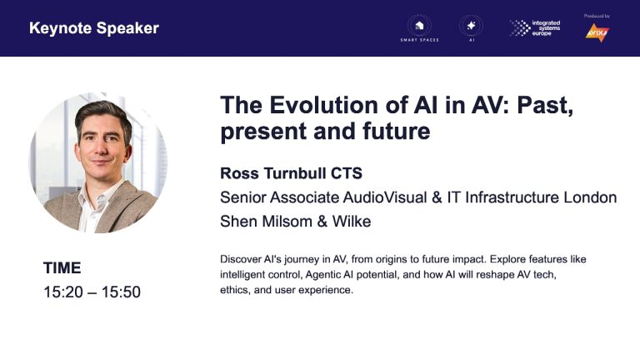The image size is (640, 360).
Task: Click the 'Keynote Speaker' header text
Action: point(94,28)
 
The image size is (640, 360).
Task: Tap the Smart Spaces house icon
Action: point(419,26)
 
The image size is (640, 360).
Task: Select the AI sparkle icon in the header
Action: point(471,26)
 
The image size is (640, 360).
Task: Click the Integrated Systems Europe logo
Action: point(535,28)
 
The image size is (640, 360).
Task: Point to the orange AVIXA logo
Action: point(597,32)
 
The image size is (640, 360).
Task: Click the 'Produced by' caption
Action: point(597,16)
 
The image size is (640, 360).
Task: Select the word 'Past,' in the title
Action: point(545,106)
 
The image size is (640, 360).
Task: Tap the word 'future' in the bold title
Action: point(397,132)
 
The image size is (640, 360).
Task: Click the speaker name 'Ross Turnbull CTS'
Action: point(291,173)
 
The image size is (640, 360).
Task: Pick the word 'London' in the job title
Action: point(590,197)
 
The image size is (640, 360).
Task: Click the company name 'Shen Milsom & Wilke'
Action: point(296,221)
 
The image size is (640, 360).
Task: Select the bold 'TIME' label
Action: point(62,267)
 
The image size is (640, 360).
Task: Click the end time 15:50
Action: point(121,292)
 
